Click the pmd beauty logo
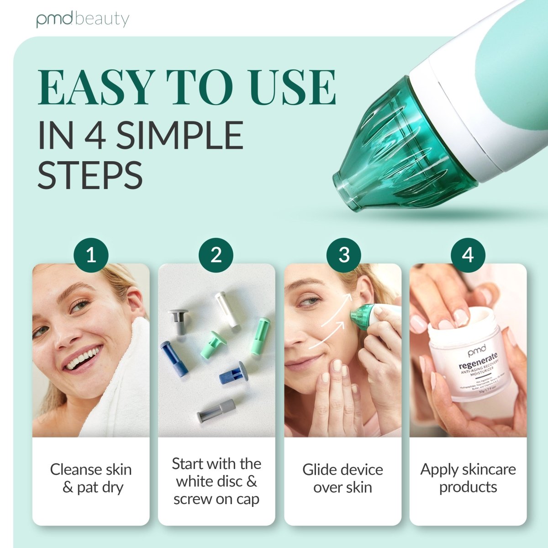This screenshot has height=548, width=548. tap(83, 20)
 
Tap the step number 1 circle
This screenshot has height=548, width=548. tap(91, 255)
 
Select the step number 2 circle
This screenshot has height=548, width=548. tap(216, 255)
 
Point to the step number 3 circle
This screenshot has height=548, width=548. tap(343, 255)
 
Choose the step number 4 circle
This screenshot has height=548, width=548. tap(468, 255)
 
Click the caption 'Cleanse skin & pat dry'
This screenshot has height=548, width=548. tap(91, 478)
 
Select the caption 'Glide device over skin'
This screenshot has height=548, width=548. tap(342, 478)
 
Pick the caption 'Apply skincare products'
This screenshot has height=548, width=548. tap(468, 478)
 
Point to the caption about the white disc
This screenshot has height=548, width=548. tap(216, 481)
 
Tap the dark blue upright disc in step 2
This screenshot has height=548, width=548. tap(174, 358)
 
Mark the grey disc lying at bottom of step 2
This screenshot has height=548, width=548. tap(216, 410)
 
